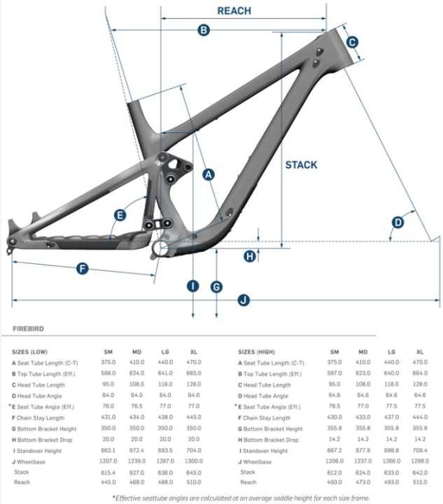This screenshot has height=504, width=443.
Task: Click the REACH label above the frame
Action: pyautogui.click(x=234, y=11)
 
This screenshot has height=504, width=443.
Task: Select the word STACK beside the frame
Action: pyautogui.click(x=301, y=165)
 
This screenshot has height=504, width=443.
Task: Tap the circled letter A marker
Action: pyautogui.click(x=207, y=175)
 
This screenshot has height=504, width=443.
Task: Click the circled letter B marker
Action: pyautogui.click(x=204, y=29)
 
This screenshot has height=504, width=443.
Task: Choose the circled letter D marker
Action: pyautogui.click(x=398, y=223)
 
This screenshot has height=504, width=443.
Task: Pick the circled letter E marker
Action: pyautogui.click(x=120, y=215)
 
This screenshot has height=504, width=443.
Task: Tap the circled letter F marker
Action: pyautogui.click(x=82, y=268)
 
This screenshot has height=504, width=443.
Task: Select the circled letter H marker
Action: pyautogui.click(x=250, y=256)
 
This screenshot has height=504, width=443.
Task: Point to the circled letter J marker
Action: pyautogui.click(x=243, y=301)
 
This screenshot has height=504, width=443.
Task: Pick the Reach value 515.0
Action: pyautogui.click(x=420, y=482)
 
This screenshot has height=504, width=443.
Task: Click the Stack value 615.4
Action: pyautogui.click(x=108, y=472)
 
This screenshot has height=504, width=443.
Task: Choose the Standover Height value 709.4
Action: pyautogui.click(x=420, y=451)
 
